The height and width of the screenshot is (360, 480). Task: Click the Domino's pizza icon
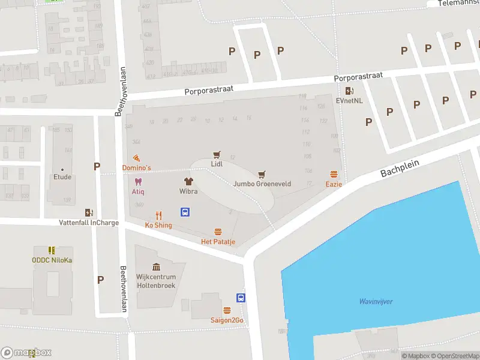[137, 158]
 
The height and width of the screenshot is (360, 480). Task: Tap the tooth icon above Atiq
[138, 182]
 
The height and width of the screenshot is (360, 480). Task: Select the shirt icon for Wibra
[188, 181]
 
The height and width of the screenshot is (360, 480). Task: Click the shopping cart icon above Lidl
[217, 154]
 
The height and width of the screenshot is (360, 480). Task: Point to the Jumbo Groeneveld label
[262, 184]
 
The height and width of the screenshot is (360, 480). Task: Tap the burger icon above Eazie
[334, 174]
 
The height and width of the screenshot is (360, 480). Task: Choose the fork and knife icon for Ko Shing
[158, 215]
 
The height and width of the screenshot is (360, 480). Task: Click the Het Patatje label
[218, 242]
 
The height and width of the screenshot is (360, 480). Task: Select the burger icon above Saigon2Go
[227, 310]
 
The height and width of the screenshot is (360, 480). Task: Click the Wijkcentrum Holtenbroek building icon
[156, 267]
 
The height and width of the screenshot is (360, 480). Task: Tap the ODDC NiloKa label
[52, 260]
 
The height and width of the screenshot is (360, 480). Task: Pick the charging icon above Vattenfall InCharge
[89, 212]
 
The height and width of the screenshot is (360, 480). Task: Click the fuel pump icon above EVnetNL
[349, 91]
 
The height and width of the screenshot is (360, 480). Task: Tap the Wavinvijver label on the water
[376, 301]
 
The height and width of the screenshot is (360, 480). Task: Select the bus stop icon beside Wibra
[185, 212]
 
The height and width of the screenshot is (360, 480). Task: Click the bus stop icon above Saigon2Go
[241, 298]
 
